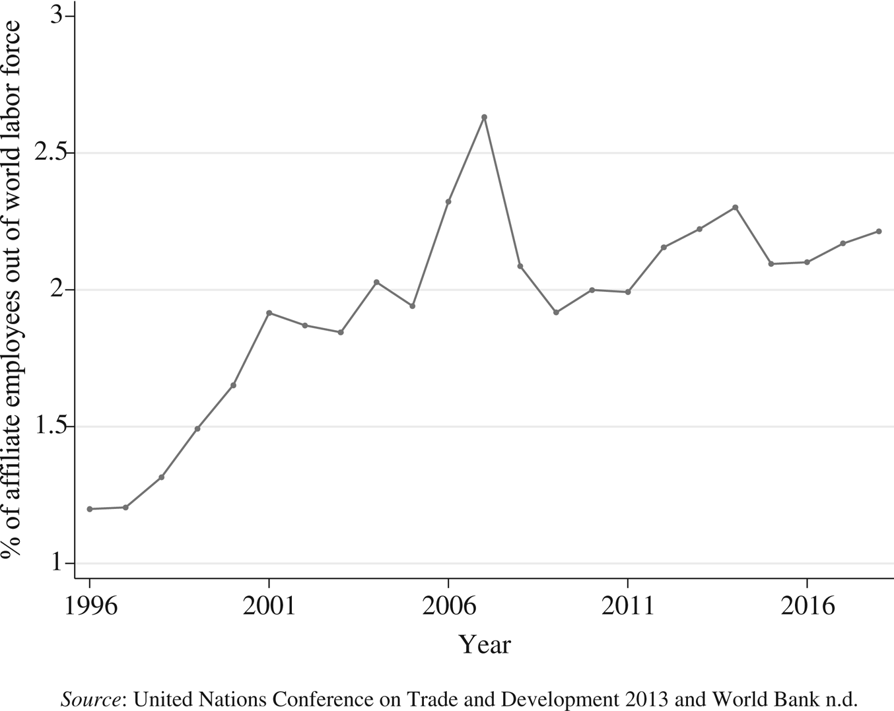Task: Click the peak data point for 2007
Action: click(x=484, y=117)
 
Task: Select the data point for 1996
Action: click(x=90, y=509)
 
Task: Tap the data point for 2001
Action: click(x=269, y=312)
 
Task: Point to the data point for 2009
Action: click(x=556, y=312)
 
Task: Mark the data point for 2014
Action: click(x=736, y=207)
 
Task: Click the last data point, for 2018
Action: click(x=879, y=231)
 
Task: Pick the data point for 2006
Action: click(x=448, y=201)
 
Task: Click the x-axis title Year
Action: click(x=485, y=644)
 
